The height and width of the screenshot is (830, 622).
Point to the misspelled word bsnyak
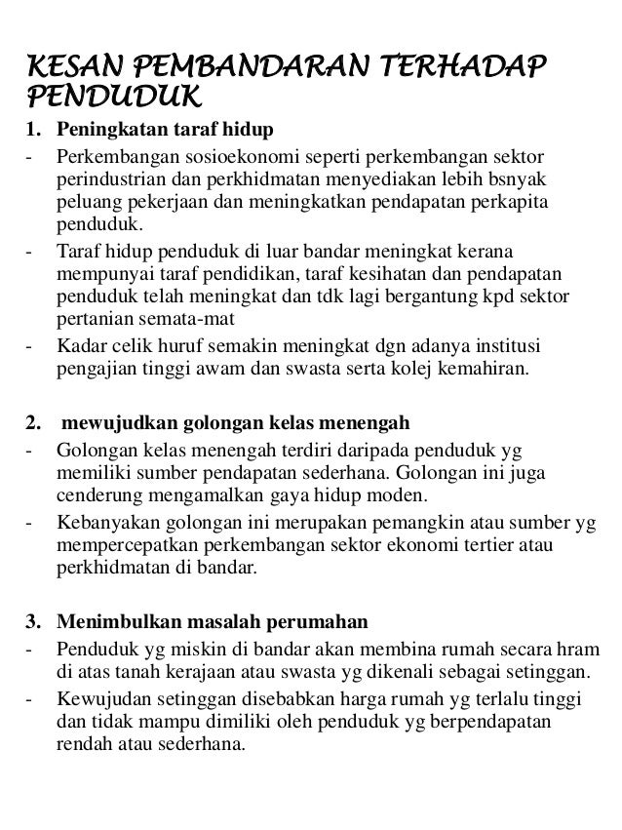coord(521,180)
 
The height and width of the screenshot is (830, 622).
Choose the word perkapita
coord(513,205)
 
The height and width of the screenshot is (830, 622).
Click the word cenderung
coord(96,496)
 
